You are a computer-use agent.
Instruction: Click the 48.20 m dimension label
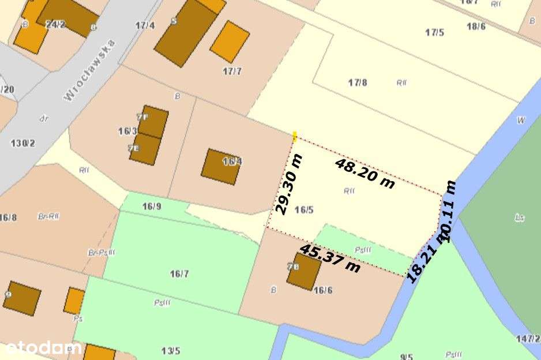365,173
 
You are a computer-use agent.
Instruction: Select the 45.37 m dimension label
329,258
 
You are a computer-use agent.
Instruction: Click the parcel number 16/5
303,210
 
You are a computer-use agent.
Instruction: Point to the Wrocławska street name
89,71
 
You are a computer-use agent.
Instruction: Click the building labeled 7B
303,271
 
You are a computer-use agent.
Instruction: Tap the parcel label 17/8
358,82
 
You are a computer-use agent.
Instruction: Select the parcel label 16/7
179,273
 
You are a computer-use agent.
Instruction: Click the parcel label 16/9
152,206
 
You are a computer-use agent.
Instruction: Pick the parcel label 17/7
232,71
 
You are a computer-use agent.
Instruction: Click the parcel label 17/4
145,25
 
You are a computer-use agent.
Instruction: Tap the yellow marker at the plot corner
295,136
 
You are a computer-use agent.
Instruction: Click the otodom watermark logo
43,348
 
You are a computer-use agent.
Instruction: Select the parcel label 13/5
171,350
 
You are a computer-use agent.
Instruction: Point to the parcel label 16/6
323,290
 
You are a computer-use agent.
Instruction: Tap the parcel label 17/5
435,32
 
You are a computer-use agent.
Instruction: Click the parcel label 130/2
23,142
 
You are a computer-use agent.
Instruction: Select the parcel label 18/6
476,27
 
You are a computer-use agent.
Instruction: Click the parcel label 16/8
8,217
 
